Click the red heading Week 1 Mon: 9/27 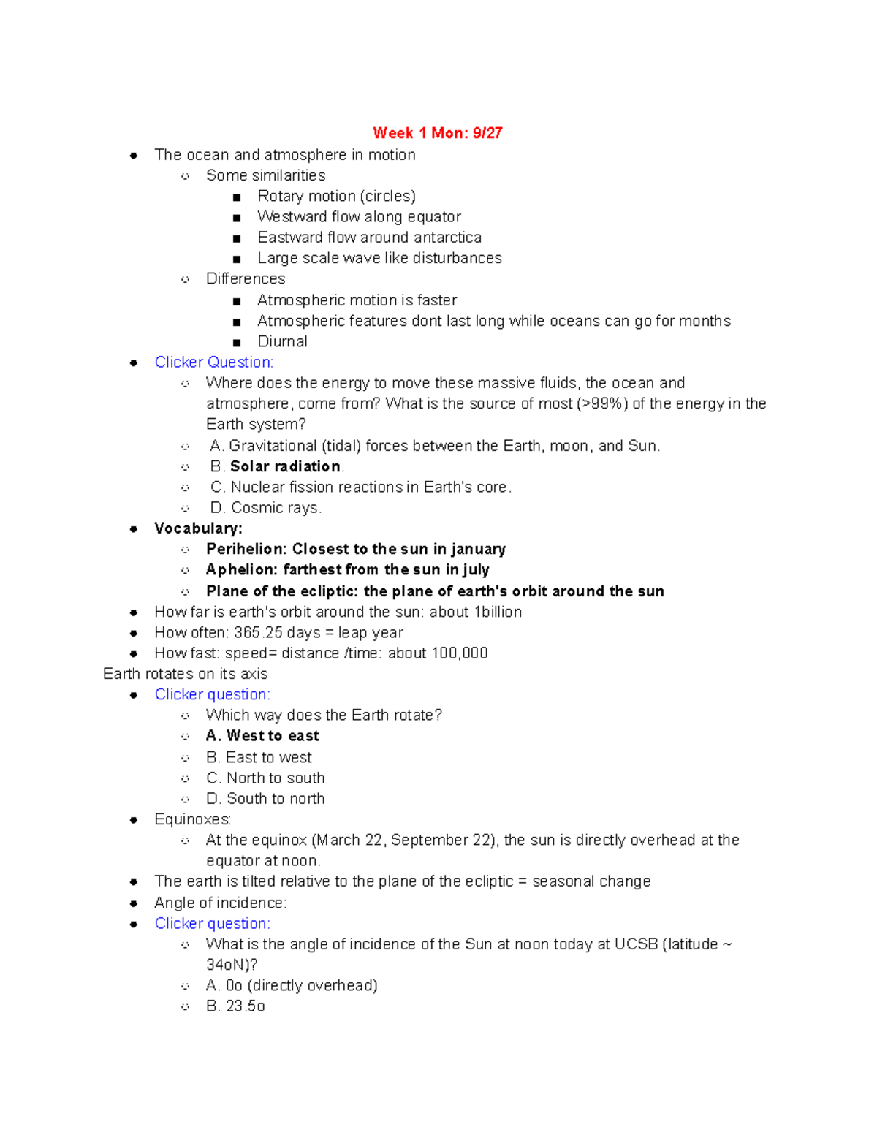click(x=437, y=133)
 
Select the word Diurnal click(x=282, y=341)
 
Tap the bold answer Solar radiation click(x=285, y=466)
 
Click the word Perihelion click(x=246, y=549)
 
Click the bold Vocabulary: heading click(x=198, y=528)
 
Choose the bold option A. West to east click(x=262, y=736)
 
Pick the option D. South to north click(x=265, y=799)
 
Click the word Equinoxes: click(x=193, y=819)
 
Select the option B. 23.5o click(x=235, y=1006)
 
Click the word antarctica click(x=447, y=238)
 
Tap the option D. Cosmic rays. click(x=266, y=508)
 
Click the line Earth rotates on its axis click(x=186, y=674)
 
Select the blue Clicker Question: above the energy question click(x=214, y=362)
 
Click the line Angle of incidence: click(x=221, y=903)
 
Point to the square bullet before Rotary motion click(x=236, y=197)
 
